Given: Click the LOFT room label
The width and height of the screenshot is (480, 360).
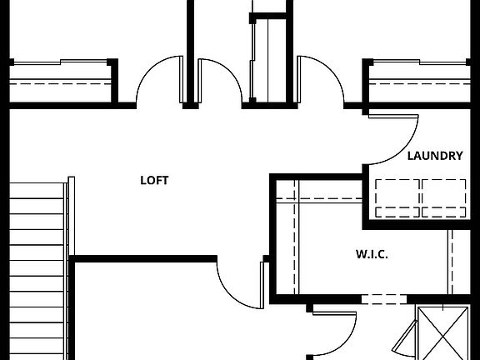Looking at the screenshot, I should tap(154, 180).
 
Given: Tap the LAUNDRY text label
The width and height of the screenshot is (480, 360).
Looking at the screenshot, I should tap(435, 156).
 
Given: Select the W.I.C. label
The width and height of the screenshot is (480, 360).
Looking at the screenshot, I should tap(372, 254).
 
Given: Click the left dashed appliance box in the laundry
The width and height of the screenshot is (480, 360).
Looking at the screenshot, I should tap(397, 197).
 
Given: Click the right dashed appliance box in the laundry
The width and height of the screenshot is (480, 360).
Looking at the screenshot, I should tap(445, 197).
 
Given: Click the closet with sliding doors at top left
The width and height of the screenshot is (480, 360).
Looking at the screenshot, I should tap(60, 82).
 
